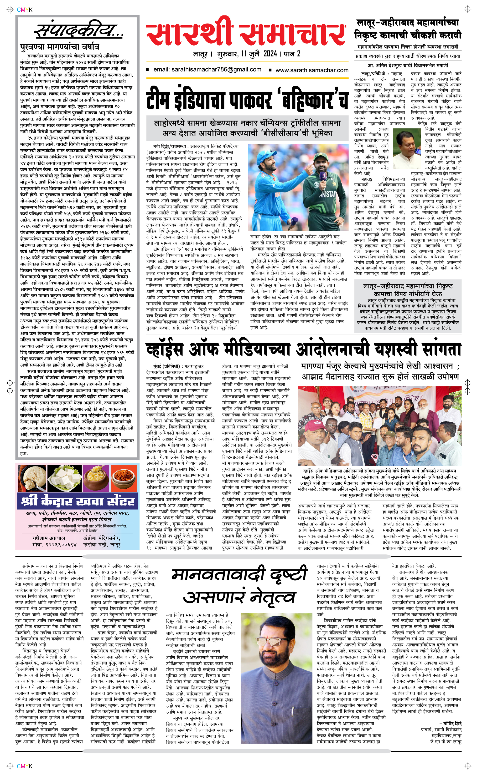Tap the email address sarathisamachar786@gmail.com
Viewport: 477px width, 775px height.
point(207,70)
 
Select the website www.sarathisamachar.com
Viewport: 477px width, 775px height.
point(312,70)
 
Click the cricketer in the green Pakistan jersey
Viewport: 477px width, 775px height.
point(322,189)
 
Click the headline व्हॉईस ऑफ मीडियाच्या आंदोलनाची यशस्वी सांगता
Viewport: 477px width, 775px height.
point(303,350)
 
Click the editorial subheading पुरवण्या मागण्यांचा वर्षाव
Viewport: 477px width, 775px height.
point(60,47)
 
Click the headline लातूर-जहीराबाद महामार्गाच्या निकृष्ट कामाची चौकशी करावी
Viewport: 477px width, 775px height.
point(408,29)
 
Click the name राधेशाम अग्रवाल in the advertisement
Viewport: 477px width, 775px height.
point(49,538)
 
